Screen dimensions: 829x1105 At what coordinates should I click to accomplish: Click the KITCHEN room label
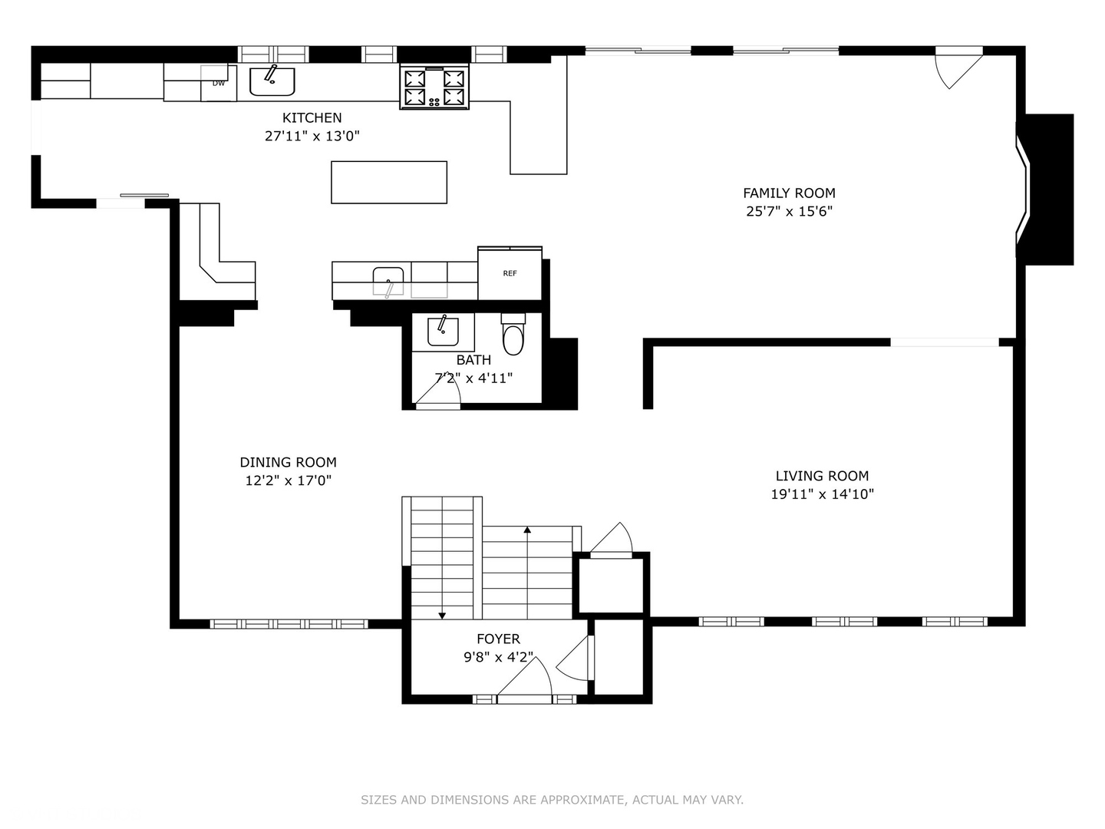click(x=312, y=117)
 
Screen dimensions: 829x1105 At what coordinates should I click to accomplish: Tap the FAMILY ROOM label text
click(x=789, y=193)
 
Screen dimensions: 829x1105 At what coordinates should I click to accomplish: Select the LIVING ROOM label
click(x=822, y=476)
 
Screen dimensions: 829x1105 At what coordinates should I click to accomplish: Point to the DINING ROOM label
click(x=288, y=462)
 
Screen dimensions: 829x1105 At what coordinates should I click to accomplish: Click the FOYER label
click(x=498, y=639)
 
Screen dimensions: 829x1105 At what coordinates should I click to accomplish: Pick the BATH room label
click(x=473, y=359)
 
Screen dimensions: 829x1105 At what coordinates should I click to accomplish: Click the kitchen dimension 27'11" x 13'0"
click(x=312, y=136)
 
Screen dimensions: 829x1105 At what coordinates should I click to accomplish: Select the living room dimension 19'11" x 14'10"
click(x=822, y=494)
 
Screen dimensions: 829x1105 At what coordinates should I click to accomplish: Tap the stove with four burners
click(x=434, y=87)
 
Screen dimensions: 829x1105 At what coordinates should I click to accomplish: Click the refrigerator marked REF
click(x=510, y=274)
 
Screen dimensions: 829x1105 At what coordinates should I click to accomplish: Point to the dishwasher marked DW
click(x=219, y=83)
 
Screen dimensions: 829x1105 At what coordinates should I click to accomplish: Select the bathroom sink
click(x=443, y=330)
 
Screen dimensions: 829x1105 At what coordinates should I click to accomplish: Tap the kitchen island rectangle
click(x=388, y=182)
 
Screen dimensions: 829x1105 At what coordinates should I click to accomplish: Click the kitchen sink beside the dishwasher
click(x=272, y=81)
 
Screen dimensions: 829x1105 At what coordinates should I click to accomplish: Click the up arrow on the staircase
click(x=527, y=530)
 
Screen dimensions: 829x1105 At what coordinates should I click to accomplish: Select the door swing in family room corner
click(x=955, y=68)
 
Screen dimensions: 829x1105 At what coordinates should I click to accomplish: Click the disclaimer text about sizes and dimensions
click(x=552, y=800)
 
